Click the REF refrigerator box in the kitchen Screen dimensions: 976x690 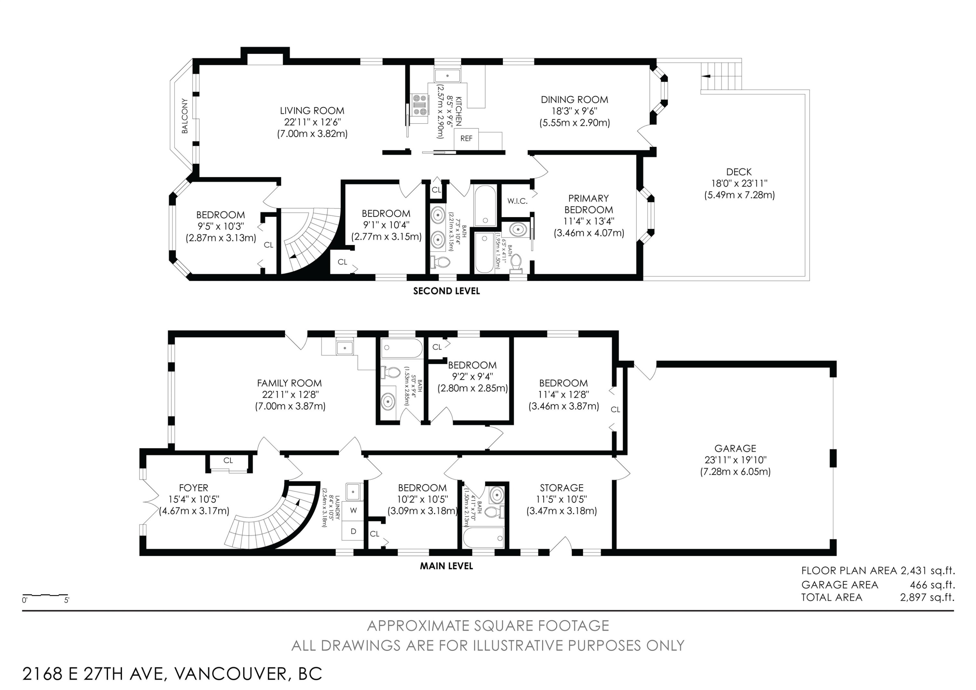(466, 139)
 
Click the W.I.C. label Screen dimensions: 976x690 (517, 201)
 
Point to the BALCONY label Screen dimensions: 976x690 (184, 116)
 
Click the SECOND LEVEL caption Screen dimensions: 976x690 (446, 291)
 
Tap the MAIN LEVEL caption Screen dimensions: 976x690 (446, 566)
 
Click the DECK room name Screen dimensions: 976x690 (739, 172)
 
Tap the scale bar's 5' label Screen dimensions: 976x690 (67, 601)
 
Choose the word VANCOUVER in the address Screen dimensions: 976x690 (230, 674)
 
